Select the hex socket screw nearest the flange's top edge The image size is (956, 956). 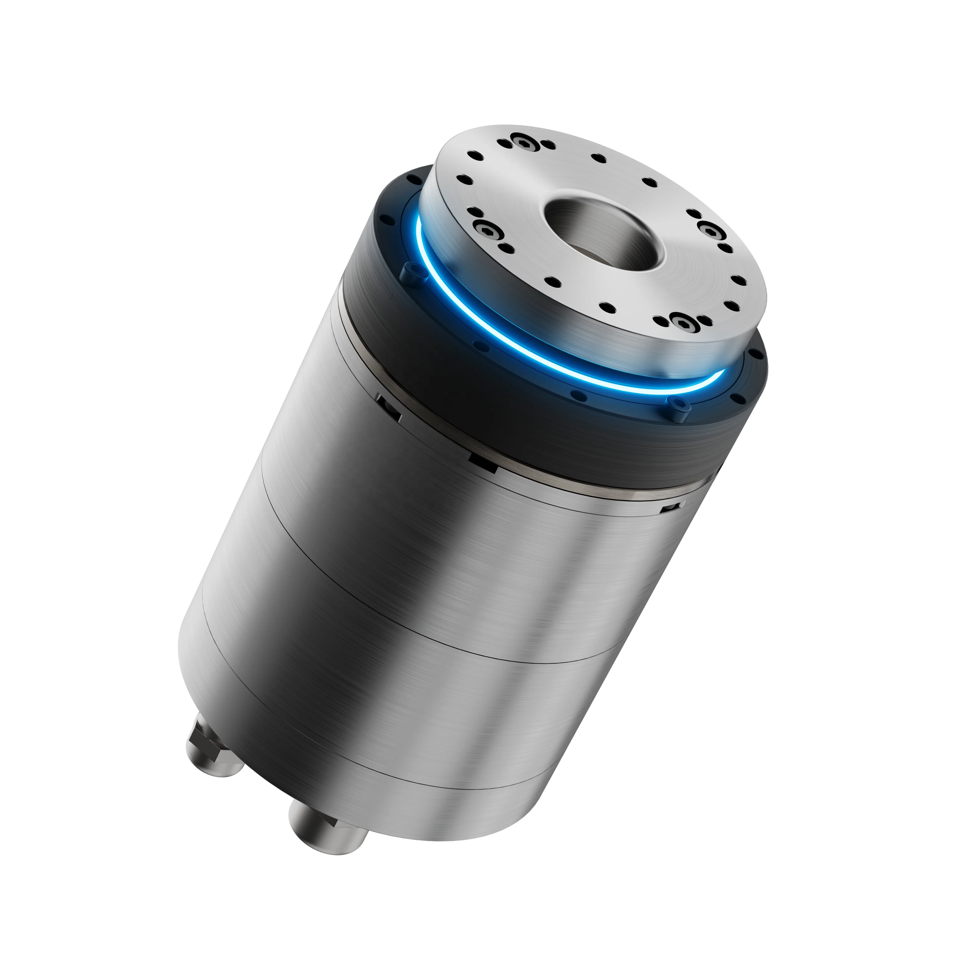(525, 142)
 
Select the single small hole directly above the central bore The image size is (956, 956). (599, 159)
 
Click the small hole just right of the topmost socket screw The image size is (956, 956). (548, 144)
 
